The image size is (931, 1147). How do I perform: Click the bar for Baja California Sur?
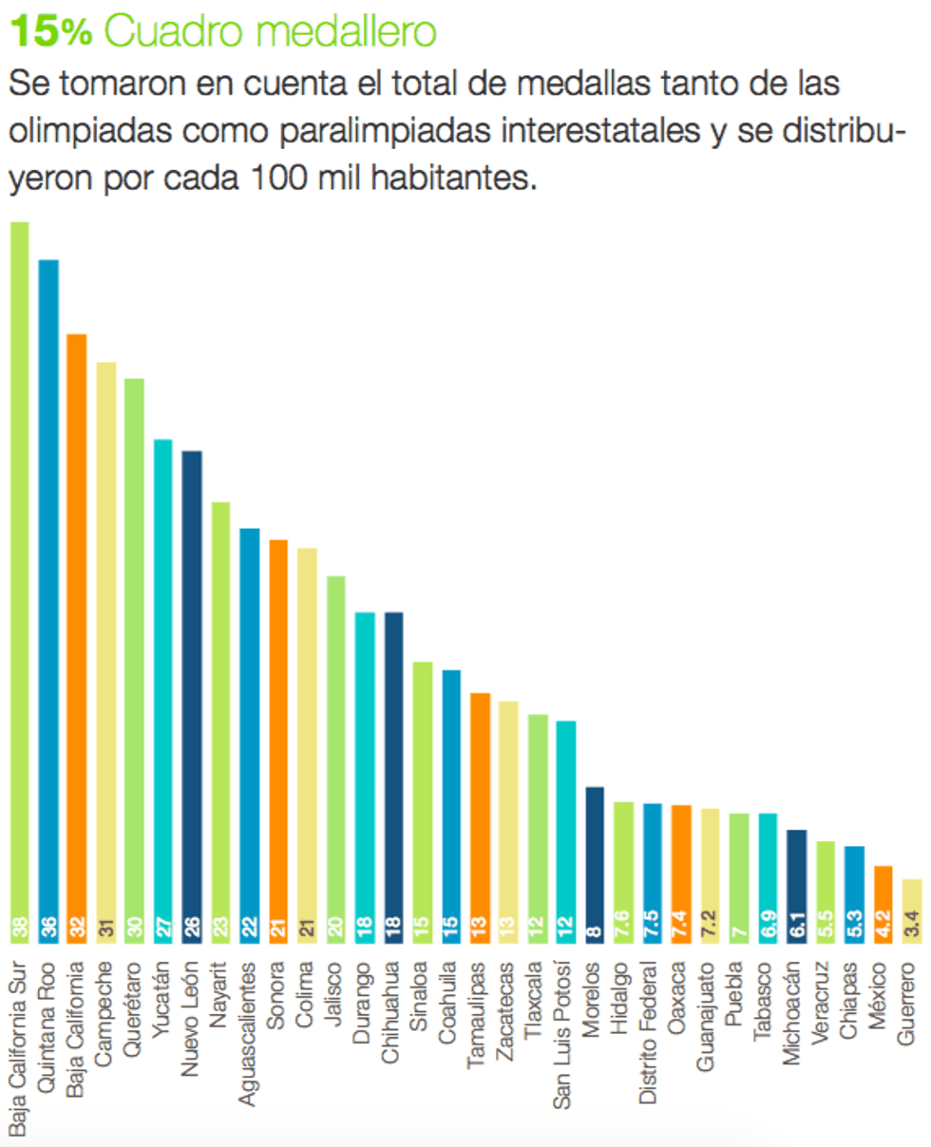pos(19,570)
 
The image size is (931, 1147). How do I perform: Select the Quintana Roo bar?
pos(48,589)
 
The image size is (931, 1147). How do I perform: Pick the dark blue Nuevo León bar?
pos(192,684)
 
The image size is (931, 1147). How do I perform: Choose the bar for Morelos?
pos(595,855)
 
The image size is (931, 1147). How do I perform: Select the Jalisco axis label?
pos(335,993)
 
